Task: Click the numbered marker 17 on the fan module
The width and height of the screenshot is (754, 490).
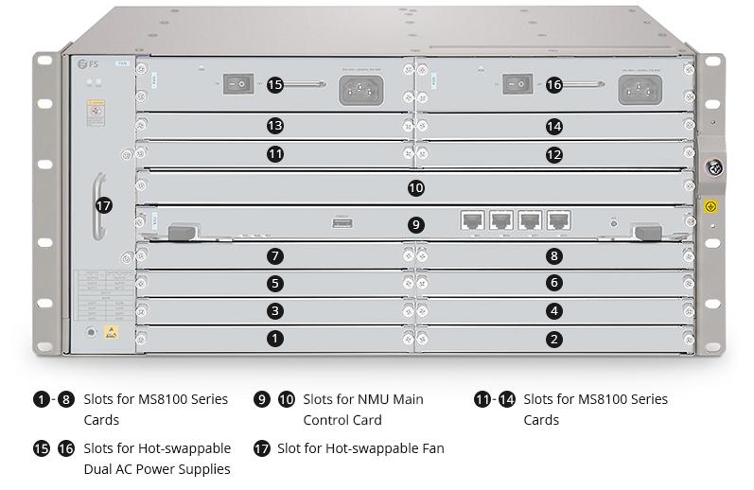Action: click(x=104, y=204)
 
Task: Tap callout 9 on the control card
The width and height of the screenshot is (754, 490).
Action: click(x=415, y=224)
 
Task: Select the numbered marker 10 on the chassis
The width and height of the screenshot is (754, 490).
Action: click(x=415, y=188)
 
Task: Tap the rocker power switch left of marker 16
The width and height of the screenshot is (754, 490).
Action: click(x=516, y=84)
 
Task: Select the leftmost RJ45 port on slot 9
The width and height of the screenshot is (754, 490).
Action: click(x=472, y=220)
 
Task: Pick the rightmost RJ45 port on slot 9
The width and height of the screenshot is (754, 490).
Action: click(x=559, y=220)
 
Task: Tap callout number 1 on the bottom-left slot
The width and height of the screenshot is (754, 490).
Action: click(x=274, y=338)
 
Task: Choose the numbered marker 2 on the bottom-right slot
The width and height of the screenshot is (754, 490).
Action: click(x=554, y=338)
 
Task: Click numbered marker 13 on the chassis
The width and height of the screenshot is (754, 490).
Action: click(x=274, y=125)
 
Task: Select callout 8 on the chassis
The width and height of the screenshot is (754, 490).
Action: click(x=554, y=255)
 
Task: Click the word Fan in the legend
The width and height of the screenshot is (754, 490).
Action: click(x=430, y=447)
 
